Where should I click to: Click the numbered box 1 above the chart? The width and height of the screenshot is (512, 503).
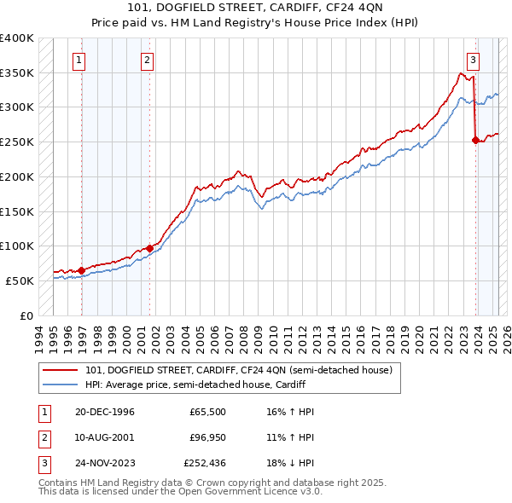pyautogui.click(x=79, y=60)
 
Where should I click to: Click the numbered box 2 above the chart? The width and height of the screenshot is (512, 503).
pyautogui.click(x=147, y=60)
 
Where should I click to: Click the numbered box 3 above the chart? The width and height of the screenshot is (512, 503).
pyautogui.click(x=473, y=60)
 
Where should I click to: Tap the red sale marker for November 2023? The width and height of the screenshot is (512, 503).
pyautogui.click(x=475, y=141)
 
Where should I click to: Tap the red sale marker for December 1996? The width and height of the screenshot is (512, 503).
pyautogui.click(x=82, y=270)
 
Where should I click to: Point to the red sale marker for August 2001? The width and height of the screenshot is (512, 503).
pyautogui.click(x=149, y=248)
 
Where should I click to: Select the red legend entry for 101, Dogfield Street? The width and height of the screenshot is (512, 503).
pyautogui.click(x=238, y=370)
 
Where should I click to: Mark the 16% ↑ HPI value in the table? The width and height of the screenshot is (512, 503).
pyautogui.click(x=284, y=411)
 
